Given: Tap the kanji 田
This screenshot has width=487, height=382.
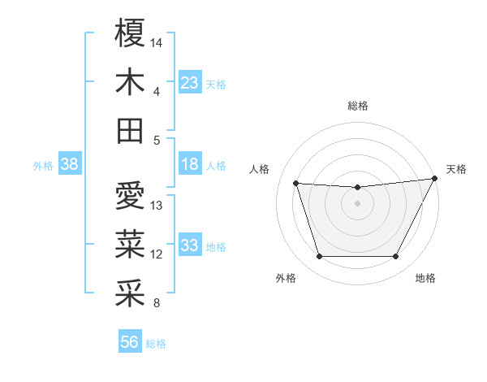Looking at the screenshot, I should [130, 131].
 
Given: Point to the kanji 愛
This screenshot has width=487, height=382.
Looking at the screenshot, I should [130, 196].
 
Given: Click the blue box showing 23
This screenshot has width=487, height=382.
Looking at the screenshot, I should [189, 83].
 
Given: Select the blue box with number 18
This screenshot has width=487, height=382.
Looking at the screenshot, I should [189, 165].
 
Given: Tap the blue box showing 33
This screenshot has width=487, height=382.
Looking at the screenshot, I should [189, 246].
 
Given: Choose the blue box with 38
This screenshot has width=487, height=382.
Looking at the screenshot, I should [69, 165].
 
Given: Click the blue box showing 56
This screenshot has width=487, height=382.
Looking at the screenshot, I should [129, 343].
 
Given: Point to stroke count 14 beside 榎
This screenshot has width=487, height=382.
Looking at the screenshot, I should [157, 41].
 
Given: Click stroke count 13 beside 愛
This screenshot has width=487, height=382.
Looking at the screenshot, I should [157, 205].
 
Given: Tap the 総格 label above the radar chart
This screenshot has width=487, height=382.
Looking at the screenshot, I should [357, 106].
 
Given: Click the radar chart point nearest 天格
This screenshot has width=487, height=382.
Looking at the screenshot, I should [434, 179].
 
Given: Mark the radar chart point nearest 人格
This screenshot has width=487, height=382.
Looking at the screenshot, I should [296, 184].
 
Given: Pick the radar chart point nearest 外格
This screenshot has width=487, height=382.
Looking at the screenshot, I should [319, 257].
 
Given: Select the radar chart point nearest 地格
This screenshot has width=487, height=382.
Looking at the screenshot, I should [395, 257].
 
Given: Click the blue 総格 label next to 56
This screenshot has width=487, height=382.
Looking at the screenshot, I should [156, 344].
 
